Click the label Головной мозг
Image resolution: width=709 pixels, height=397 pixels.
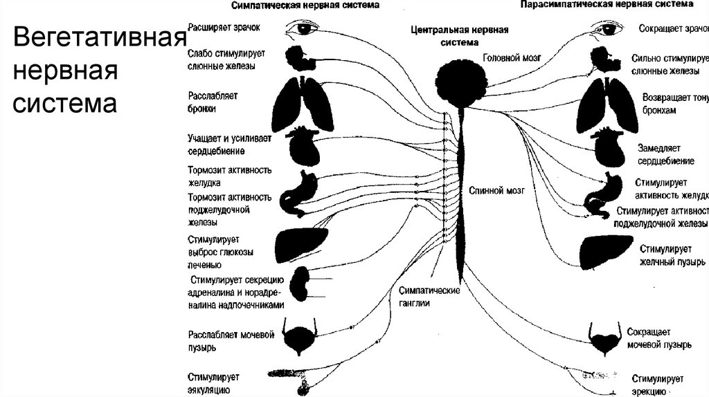click(x=511, y=59)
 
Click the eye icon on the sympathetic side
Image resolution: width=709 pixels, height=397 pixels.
click(x=302, y=28)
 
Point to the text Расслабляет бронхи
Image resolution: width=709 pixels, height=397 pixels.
click(x=213, y=102)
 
